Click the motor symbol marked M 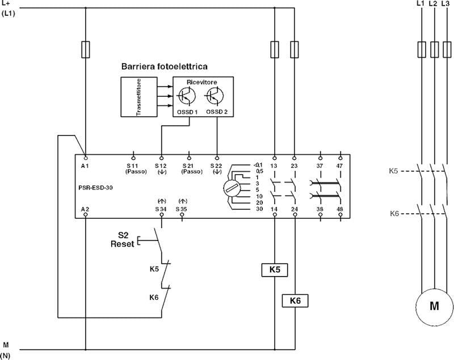(434, 306)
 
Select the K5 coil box (275, 270)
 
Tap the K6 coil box (295, 300)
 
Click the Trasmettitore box (138, 97)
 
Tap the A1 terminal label (85, 165)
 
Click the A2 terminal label (85, 209)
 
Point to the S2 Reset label (123, 239)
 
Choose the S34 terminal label (161, 209)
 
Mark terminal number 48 (340, 209)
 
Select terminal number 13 (275, 165)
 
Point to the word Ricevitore (202, 82)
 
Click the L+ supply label (7, 5)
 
